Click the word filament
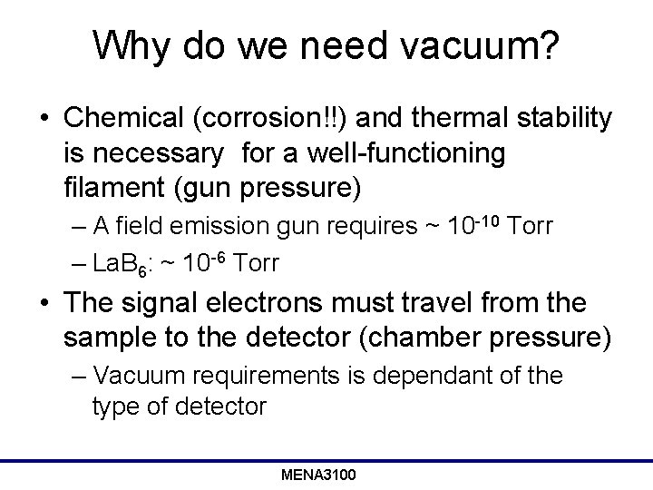pos(112,189)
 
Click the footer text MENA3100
pos(318,475)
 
